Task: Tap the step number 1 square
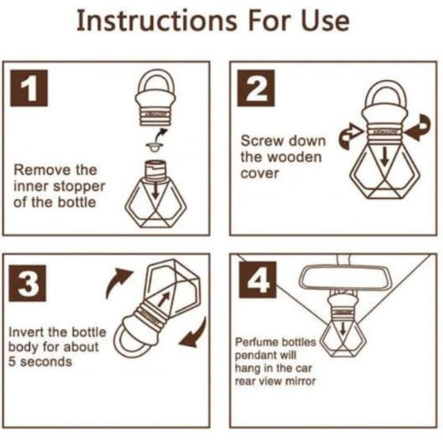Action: click(x=29, y=88)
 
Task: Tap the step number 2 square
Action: click(x=256, y=88)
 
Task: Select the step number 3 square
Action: click(x=27, y=283)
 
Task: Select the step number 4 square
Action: click(x=257, y=280)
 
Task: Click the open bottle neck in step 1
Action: click(x=156, y=170)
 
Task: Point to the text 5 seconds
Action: click(x=40, y=362)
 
